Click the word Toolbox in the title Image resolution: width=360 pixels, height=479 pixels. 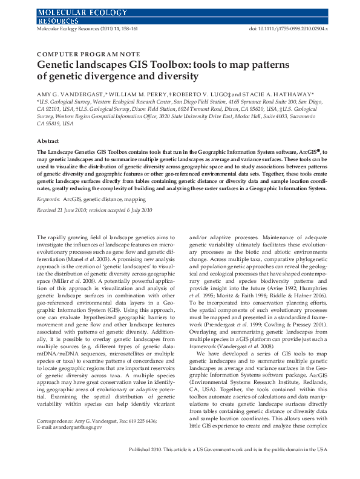click(148, 64)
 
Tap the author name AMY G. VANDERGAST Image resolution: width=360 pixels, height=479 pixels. click(71, 94)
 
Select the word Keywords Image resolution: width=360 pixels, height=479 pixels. click(48, 199)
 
